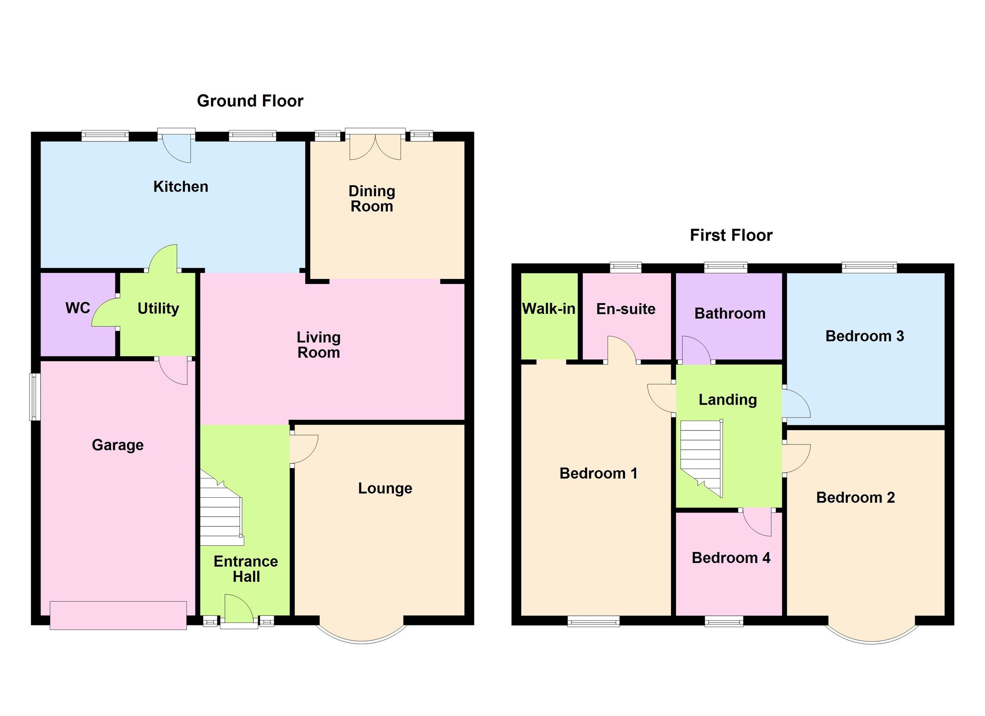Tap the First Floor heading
pyautogui.click(x=731, y=236)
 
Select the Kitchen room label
pyautogui.click(x=181, y=187)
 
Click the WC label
pyautogui.click(x=78, y=308)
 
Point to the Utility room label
pyautogui.click(x=158, y=308)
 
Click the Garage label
pyautogui.click(x=118, y=445)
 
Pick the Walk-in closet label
pyautogui.click(x=549, y=309)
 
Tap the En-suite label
pyautogui.click(x=625, y=309)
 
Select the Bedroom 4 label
pyautogui.click(x=731, y=558)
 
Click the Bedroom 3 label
pyautogui.click(x=864, y=336)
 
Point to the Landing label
pyautogui.click(x=727, y=400)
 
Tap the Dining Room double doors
pyautogui.click(x=375, y=146)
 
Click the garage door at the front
pyautogui.click(x=118, y=615)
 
